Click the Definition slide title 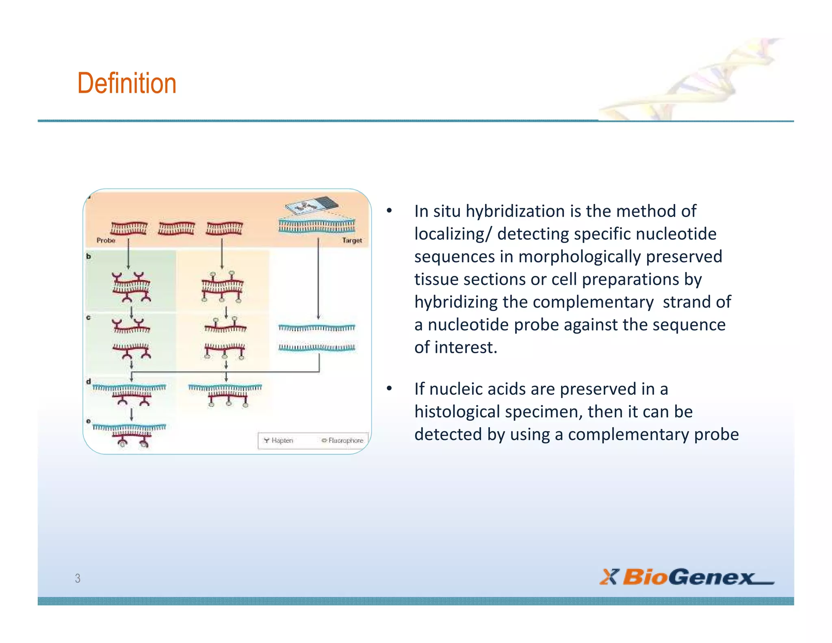coord(127,83)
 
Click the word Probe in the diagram coord(106,241)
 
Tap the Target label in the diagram coord(352,241)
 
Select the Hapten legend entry coord(279,441)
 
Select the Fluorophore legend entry coord(343,441)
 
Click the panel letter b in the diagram coord(89,256)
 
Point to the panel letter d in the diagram coord(89,382)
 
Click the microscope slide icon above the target coord(312,206)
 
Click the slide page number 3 coord(78,578)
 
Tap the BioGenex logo coord(687,577)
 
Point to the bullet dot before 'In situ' coord(389,211)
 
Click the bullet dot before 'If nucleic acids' coord(389,389)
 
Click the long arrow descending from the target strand coord(318,280)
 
